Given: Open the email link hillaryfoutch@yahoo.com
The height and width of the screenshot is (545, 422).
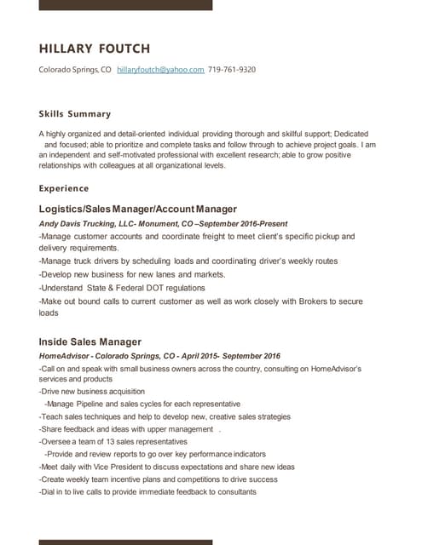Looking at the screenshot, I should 160,70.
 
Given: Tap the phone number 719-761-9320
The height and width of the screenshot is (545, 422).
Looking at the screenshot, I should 232,70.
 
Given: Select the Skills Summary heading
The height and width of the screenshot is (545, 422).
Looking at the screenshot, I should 75,114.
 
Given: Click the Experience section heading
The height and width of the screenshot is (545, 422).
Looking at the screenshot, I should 64,188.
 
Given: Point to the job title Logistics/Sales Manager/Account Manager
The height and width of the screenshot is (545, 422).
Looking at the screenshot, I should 138,209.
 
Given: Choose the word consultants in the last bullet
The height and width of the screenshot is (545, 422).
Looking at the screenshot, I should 233,491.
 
